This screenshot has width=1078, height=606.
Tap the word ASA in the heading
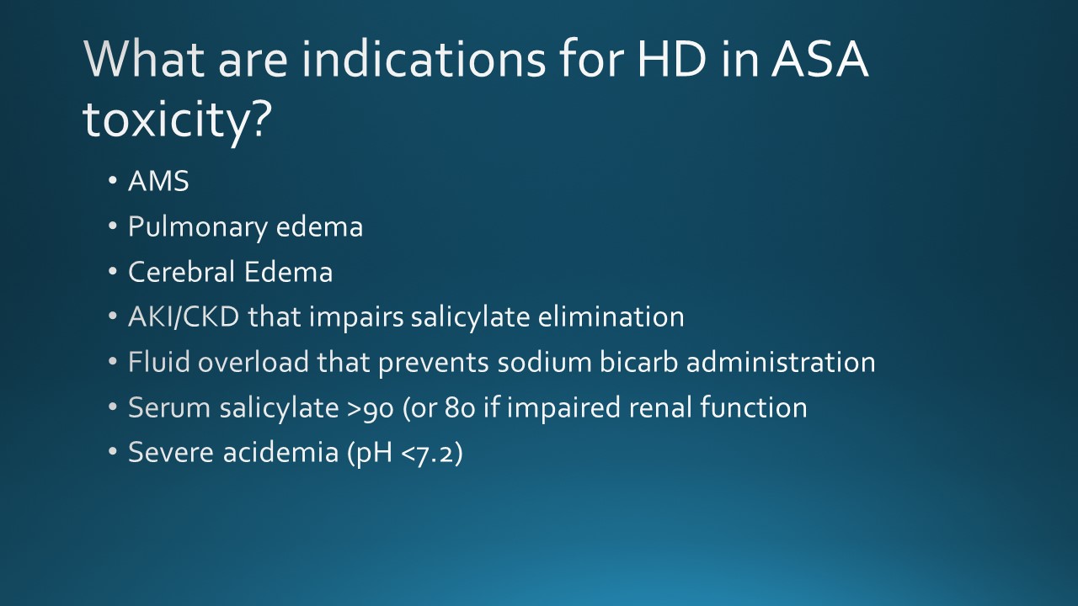(x=820, y=59)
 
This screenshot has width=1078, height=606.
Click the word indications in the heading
(x=424, y=59)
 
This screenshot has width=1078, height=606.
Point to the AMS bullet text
(x=159, y=181)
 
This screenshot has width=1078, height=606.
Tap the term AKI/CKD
(x=184, y=317)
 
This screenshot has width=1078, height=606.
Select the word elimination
(x=611, y=317)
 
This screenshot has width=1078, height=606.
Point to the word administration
(x=781, y=362)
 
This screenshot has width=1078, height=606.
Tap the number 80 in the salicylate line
(x=460, y=407)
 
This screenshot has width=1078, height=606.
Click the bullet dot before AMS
(x=113, y=181)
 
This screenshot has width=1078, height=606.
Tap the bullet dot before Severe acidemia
(x=113, y=452)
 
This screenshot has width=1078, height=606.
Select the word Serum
(x=169, y=407)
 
